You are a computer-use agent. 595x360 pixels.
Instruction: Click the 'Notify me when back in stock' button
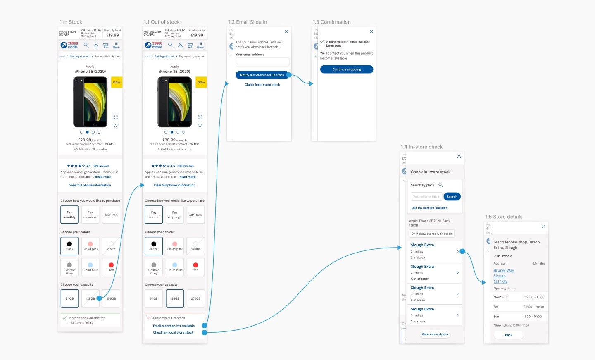(262, 75)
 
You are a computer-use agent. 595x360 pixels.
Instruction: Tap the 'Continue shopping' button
(346, 69)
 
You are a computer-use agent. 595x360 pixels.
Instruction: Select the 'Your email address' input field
(262, 62)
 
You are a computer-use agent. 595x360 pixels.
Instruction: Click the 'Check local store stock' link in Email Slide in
(262, 85)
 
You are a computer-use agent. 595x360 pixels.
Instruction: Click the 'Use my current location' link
(429, 208)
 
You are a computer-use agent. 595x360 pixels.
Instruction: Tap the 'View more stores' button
(435, 334)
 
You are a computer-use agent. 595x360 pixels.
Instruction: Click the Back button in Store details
(509, 335)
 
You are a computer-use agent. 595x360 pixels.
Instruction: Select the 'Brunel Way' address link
(504, 270)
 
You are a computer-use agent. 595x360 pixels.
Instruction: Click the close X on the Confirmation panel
(371, 31)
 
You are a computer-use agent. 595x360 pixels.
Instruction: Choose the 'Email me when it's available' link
(174, 326)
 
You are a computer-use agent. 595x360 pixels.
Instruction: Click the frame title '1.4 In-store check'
(421, 147)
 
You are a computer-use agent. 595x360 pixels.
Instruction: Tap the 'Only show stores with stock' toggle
(431, 234)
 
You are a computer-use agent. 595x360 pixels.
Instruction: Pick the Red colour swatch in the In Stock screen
(111, 267)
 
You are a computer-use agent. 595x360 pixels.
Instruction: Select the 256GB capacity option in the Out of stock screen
(195, 298)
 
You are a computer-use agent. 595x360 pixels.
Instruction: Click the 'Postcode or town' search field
(426, 197)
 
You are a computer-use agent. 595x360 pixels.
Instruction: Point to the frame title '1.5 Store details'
(504, 217)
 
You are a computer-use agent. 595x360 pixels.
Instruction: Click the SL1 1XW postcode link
(500, 281)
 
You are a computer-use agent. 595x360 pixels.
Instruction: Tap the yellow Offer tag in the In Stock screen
(117, 82)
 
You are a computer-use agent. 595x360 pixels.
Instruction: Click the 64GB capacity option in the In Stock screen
(69, 298)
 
